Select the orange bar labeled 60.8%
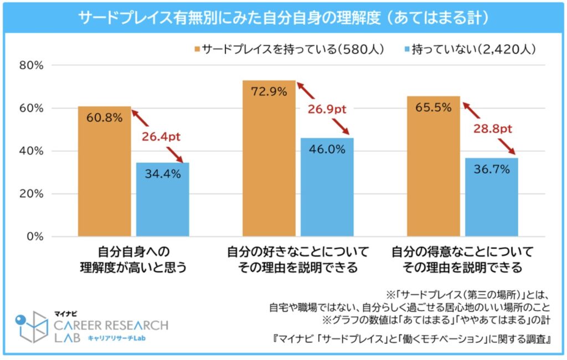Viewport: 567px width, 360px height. coord(104,172)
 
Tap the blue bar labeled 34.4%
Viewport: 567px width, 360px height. coord(163,199)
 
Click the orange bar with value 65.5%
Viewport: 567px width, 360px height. coord(433,167)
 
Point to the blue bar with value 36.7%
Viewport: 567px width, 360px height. coord(492,197)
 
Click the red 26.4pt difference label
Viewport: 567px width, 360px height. coord(161,136)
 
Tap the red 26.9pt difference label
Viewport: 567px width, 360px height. coord(326,109)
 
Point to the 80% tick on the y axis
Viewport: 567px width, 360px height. coord(32,65)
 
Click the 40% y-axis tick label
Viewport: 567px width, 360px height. coord(32,151)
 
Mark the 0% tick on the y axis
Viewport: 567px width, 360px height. coord(34,237)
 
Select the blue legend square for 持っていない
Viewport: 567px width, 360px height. coord(408,50)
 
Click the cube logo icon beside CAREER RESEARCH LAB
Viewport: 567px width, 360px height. coord(32,327)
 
